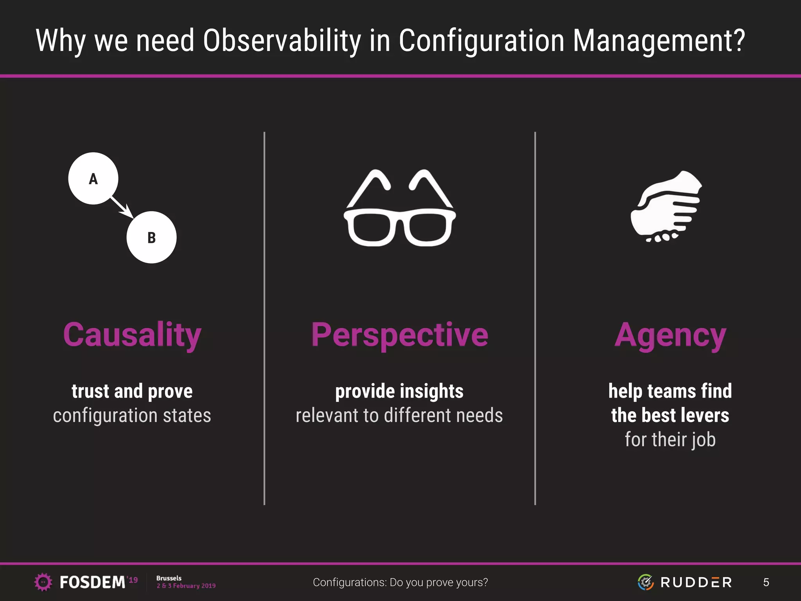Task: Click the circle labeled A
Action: click(x=93, y=178)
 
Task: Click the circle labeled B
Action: click(x=151, y=238)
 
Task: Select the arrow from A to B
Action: click(x=122, y=207)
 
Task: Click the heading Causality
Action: click(x=132, y=335)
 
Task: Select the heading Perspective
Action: click(x=399, y=335)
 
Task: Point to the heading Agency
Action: click(x=670, y=336)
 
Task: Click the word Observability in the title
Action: click(x=282, y=41)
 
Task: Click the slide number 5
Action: click(x=766, y=582)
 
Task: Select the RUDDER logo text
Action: click(x=696, y=582)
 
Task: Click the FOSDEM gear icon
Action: click(x=43, y=582)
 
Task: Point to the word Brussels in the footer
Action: click(x=169, y=578)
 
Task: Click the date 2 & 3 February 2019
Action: click(x=186, y=586)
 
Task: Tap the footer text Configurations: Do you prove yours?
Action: click(x=400, y=582)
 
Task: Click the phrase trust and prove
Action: click(x=132, y=391)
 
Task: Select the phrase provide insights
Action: click(x=399, y=391)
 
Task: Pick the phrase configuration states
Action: click(x=132, y=416)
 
